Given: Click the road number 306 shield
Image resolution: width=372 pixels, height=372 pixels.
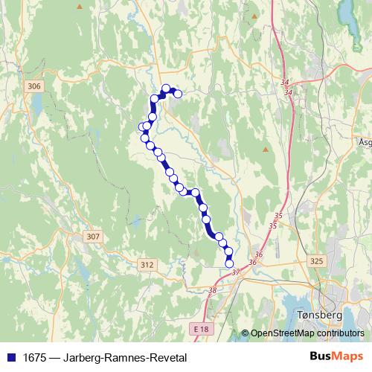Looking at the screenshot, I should click(x=33, y=87).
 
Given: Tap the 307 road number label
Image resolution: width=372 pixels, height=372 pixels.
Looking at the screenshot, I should click(x=92, y=237).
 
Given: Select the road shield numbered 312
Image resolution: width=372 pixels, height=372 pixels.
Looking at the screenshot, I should click(x=147, y=264).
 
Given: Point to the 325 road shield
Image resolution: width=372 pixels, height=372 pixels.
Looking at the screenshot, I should click(x=317, y=261).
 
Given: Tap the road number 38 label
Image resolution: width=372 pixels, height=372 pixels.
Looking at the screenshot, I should click(x=214, y=290).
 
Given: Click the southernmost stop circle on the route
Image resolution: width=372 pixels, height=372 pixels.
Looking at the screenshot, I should click(x=229, y=263).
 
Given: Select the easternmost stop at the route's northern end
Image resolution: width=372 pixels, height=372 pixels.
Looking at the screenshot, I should click(x=177, y=93).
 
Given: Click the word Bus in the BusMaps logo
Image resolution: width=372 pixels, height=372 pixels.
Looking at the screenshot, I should click(x=321, y=357).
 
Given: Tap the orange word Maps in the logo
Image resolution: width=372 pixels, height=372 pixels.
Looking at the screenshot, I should click(x=349, y=357).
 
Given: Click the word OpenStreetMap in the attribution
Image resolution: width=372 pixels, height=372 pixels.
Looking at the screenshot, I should click(x=284, y=333).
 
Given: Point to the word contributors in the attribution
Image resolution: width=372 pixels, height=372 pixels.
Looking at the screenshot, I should click(x=341, y=333).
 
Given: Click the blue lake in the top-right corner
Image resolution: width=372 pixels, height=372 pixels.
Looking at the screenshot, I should click(x=347, y=11).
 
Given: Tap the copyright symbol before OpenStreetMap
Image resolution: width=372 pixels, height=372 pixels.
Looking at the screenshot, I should click(x=245, y=333).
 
